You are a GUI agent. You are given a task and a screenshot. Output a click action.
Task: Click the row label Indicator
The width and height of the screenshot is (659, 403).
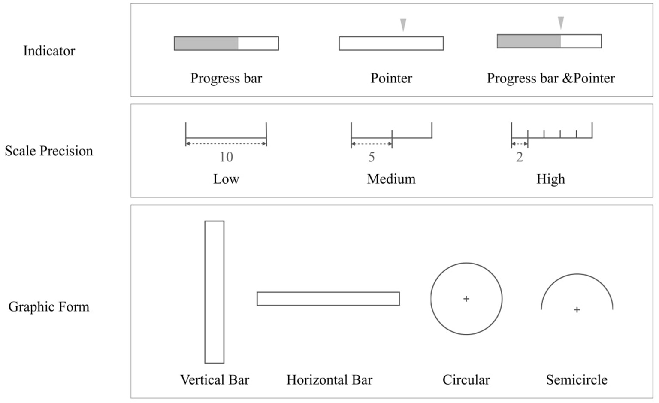[x=49, y=51]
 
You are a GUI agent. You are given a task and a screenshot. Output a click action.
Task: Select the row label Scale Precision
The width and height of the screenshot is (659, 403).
[x=49, y=151]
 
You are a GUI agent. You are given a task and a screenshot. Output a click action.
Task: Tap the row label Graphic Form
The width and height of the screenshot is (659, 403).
[x=49, y=307]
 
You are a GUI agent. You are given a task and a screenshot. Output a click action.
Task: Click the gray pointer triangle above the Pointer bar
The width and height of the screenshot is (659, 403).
[x=403, y=24]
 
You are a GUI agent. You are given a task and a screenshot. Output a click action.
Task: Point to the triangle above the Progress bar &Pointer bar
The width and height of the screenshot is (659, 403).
[x=560, y=22]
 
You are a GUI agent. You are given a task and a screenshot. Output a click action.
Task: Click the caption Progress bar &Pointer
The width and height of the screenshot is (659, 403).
[x=550, y=78]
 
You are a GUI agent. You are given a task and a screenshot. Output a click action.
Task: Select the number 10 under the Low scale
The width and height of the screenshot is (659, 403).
[x=226, y=157]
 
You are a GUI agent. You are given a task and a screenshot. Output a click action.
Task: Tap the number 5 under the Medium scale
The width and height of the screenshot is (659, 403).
[x=372, y=157]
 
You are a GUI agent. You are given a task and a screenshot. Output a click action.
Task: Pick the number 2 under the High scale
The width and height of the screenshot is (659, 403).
[x=519, y=158]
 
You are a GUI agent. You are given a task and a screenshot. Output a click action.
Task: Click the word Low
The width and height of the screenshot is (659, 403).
[x=226, y=179]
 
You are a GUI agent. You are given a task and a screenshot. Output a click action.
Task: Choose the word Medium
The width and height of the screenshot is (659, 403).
[x=391, y=179]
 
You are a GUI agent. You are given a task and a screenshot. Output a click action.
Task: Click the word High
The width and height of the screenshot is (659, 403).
[x=550, y=179]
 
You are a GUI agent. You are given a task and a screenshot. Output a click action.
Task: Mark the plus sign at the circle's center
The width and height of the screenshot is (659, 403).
[x=466, y=299]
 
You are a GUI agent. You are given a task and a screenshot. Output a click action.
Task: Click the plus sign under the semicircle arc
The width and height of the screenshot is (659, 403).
[x=577, y=309]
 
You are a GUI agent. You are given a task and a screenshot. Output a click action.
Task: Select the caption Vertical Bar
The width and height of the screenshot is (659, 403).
[x=215, y=380]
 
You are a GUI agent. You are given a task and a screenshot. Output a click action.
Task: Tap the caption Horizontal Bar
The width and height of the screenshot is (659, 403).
[x=329, y=380]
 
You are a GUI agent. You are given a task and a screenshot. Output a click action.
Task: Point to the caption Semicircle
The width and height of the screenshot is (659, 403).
[x=577, y=380]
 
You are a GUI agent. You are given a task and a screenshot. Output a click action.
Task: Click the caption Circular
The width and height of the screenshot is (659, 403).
[x=466, y=380]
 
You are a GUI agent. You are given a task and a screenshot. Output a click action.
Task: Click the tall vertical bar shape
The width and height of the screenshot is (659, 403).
[x=214, y=292]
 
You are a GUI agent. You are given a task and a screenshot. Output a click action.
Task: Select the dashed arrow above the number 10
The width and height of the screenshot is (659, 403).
[x=226, y=144]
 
